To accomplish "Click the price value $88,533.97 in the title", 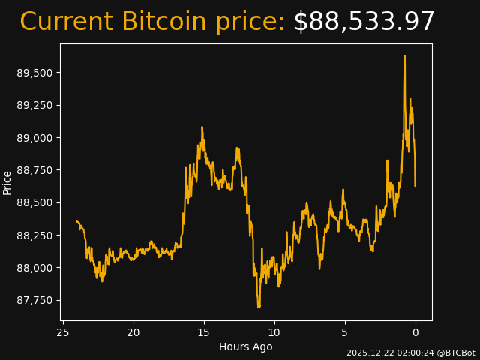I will coord(364,22).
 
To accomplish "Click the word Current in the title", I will coord(67,22).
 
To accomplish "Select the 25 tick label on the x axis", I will coord(63,332).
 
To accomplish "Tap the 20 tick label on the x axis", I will coord(133,332).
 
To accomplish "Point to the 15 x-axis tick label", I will coord(204,332).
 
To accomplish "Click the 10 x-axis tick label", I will coord(274,332).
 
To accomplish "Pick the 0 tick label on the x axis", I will coord(415,332).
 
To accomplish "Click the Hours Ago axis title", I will coord(246,346).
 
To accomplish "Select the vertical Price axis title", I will coord(7,182).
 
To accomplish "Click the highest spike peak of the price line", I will coord(404,56).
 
